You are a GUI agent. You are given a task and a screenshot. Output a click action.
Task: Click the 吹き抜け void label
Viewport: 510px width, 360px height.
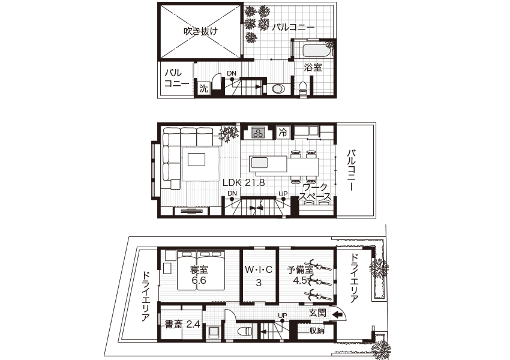[x=200, y=31]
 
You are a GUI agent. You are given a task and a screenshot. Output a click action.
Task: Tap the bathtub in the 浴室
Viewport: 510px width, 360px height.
[x=316, y=52]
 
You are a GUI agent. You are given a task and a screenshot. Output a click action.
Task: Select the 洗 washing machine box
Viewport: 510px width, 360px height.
[x=203, y=88]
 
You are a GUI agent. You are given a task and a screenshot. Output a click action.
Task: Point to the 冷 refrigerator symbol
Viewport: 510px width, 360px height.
[x=283, y=133]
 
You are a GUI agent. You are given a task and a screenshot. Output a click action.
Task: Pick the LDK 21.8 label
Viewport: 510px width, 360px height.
[x=244, y=183]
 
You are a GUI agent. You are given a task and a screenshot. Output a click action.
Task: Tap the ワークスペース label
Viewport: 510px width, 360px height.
[x=315, y=192]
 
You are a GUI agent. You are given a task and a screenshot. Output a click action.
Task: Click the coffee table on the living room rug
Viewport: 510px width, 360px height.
[x=196, y=160]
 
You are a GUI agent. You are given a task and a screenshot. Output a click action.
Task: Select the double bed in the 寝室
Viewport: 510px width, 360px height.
[x=200, y=270]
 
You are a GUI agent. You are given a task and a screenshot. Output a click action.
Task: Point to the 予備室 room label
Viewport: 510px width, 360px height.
[x=300, y=269]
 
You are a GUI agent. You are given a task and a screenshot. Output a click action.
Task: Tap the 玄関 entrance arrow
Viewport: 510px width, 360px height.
[x=337, y=314]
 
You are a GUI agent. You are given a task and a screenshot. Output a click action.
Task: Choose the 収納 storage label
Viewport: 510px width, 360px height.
[x=316, y=331]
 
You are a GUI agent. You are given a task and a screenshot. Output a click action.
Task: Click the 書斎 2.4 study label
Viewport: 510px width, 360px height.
[x=182, y=324]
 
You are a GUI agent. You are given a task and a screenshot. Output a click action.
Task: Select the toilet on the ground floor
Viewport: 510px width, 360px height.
[x=245, y=331]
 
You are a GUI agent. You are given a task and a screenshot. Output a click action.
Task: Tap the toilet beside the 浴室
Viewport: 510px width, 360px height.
[x=303, y=88]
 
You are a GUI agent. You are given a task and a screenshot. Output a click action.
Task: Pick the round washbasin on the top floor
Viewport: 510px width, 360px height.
[x=277, y=89]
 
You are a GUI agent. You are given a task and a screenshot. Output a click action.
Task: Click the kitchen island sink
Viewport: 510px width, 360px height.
[x=259, y=162]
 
